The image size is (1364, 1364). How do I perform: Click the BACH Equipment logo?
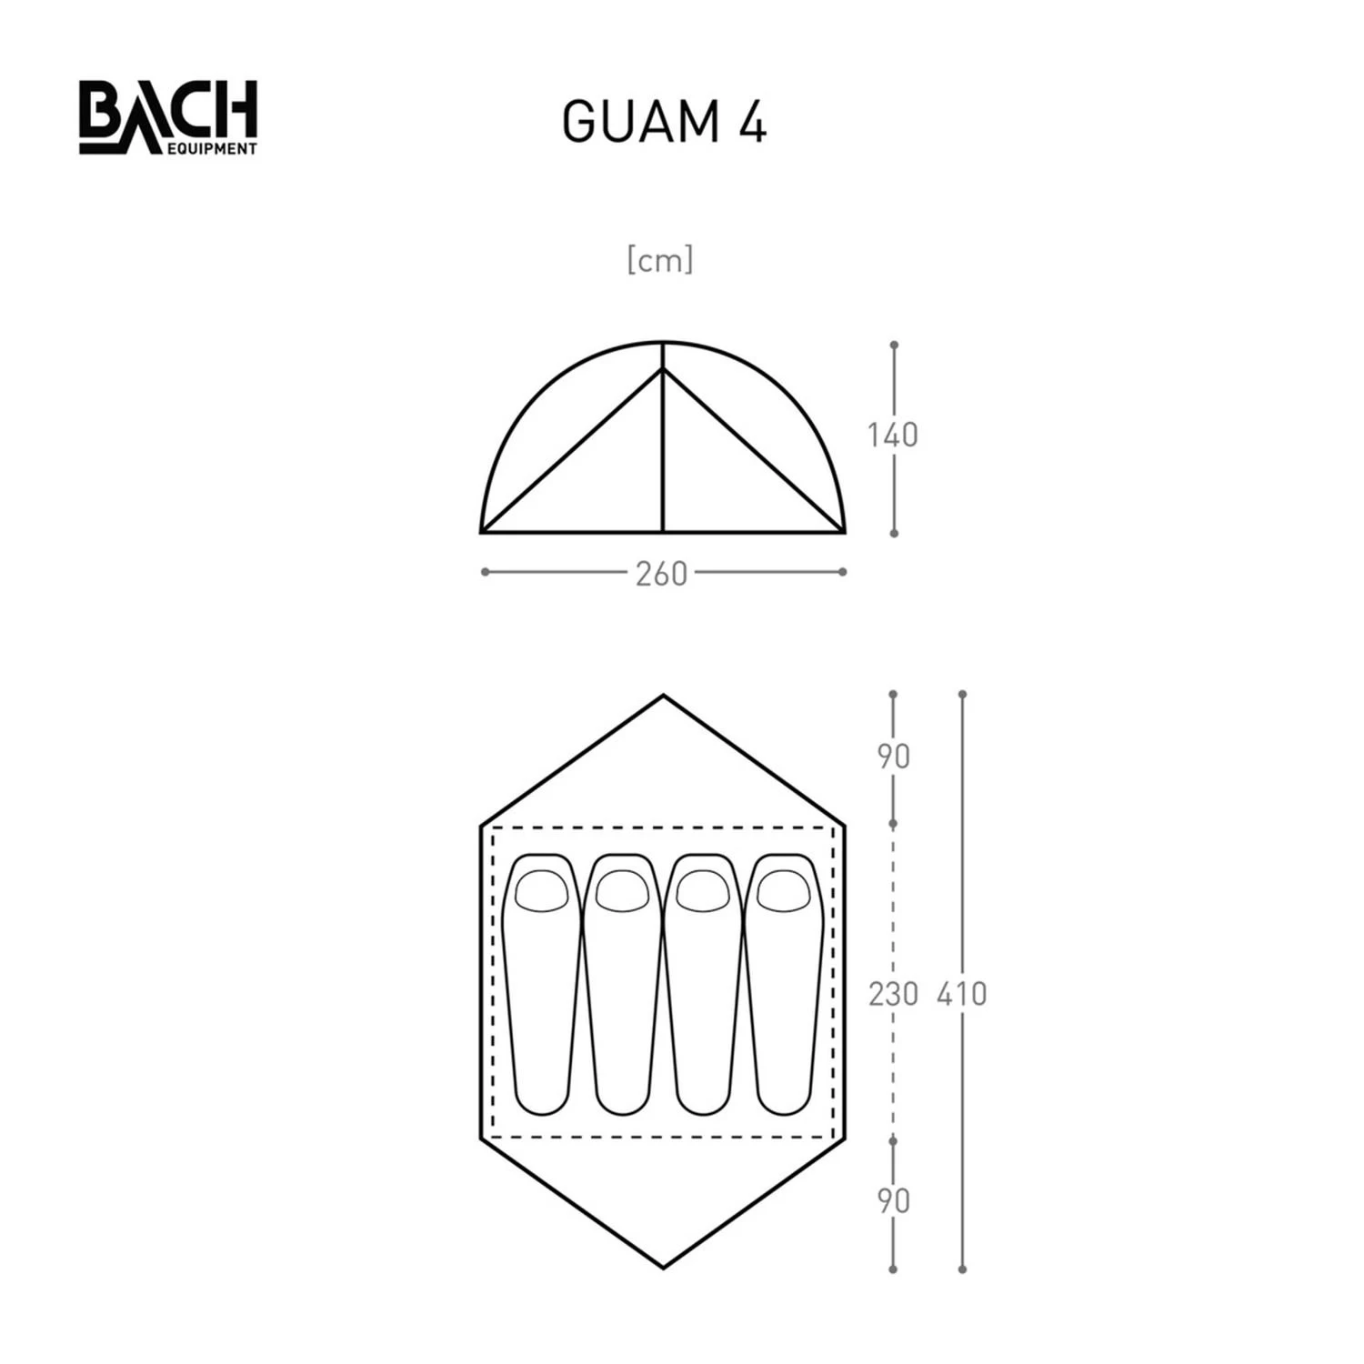tap(168, 117)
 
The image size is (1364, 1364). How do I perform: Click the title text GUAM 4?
tap(664, 122)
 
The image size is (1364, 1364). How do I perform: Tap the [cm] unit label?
tap(660, 260)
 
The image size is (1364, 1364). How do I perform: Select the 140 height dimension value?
tap(892, 436)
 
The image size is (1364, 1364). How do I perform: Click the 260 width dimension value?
tap(661, 575)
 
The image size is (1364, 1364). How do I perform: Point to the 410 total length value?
tap(961, 994)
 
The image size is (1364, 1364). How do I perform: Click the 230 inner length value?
tap(893, 994)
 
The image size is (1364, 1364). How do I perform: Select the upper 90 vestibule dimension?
tap(893, 757)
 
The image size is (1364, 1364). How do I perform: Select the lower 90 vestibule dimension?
tap(893, 1201)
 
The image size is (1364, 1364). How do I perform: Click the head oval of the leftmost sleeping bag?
tap(541, 891)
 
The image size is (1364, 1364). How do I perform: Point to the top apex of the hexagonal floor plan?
tap(663, 697)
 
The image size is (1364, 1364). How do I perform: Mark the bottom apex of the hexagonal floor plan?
tap(663, 1267)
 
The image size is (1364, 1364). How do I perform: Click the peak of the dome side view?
tap(663, 343)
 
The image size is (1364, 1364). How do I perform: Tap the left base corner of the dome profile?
tap(482, 531)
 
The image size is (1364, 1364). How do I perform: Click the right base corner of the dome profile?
tap(844, 531)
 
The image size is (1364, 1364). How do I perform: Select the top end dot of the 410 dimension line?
tap(962, 695)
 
